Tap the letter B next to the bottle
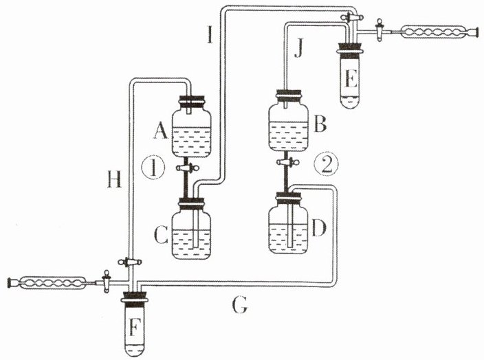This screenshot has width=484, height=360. [320, 124]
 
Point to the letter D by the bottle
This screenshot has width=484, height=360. [319, 227]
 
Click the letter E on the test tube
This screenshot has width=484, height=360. [351, 78]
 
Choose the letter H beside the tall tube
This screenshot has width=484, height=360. [114, 179]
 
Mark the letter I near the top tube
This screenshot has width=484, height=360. [210, 34]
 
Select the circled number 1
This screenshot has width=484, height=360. [153, 168]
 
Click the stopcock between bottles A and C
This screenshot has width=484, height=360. [188, 168]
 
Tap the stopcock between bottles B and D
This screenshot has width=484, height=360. [288, 162]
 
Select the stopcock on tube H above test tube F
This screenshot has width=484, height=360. [130, 262]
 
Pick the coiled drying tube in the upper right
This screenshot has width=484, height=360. [439, 31]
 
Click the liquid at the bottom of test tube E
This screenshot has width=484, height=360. [351, 102]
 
